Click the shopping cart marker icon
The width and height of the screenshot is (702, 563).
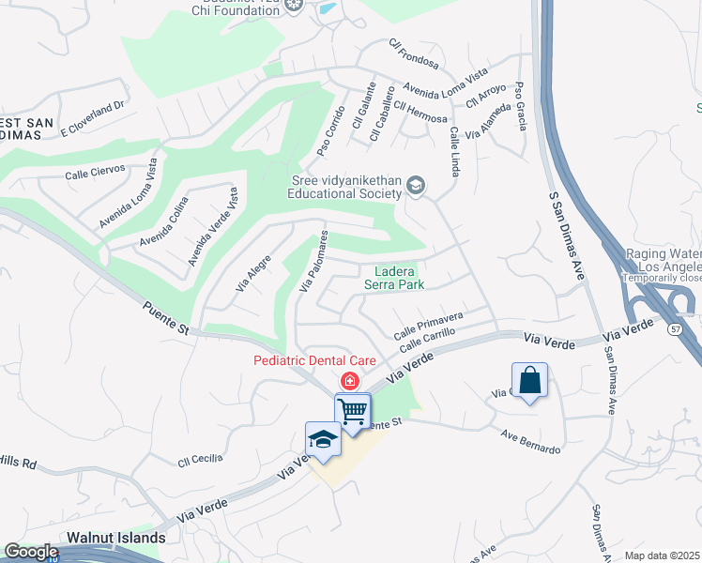point(353,410)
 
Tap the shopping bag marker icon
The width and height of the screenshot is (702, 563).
point(529,381)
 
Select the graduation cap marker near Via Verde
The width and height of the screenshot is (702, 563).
point(323,439)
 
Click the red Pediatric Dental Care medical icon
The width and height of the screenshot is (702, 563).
point(349,380)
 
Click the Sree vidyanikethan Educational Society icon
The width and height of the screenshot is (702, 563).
point(416,188)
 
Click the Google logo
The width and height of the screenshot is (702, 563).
point(31,552)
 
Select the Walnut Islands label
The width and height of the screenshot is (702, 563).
point(116,539)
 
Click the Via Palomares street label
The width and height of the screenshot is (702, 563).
point(313,260)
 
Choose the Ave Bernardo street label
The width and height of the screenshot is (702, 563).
point(530,442)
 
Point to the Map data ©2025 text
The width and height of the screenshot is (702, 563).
point(662,555)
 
